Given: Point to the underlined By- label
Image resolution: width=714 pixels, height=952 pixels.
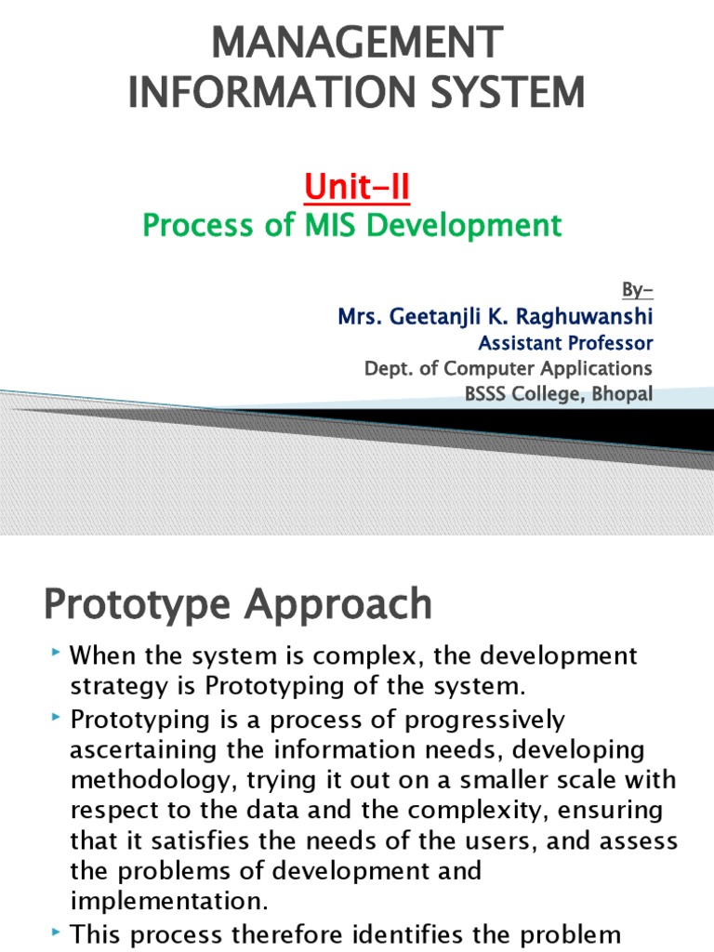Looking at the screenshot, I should coord(639,288).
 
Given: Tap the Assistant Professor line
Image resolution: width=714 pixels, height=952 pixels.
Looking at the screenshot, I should coord(564,342).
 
